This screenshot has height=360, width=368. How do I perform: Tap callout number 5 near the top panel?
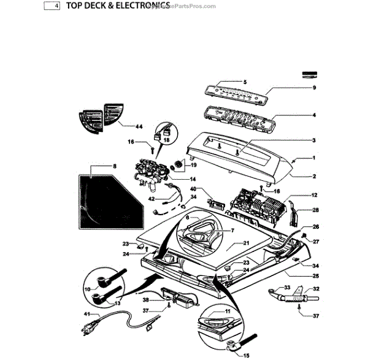tap(244, 82)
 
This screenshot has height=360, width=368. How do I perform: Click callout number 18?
tap(166, 140)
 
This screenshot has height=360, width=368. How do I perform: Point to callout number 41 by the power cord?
tap(87, 314)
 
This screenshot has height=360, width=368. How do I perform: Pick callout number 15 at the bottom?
tap(247, 354)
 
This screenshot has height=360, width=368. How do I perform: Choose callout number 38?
tap(146, 301)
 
